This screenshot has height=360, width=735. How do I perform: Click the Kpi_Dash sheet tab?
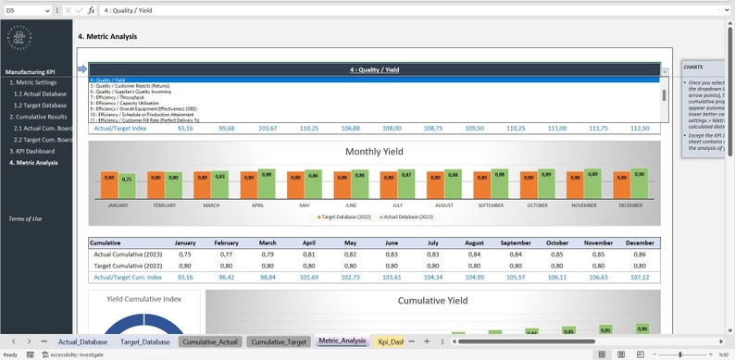pos(390,341)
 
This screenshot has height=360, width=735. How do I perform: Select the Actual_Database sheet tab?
pos(82,341)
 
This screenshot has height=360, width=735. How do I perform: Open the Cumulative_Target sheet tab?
pos(279,341)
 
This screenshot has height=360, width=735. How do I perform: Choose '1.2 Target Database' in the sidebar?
pos(40,106)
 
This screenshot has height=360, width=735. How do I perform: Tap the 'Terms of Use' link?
pos(25,218)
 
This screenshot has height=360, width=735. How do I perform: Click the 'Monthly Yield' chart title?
pos(376,152)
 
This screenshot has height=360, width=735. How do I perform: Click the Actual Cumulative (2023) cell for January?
pos(185,254)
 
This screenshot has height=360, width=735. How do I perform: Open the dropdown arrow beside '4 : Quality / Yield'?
pos(664,71)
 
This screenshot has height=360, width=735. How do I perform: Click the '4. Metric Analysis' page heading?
pos(107,37)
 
